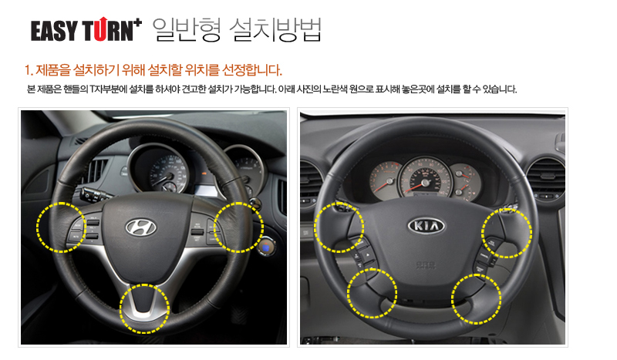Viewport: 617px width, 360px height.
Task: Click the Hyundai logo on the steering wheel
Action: point(140,227)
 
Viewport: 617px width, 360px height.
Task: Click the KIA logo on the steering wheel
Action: point(427,226)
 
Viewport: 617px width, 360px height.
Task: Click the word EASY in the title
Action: point(54,31)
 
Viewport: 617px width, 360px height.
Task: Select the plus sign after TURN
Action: point(137,22)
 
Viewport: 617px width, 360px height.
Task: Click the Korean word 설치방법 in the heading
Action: point(275,29)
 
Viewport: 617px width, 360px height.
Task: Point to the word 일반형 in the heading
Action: point(187,29)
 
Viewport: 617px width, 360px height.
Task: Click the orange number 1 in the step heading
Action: point(28,70)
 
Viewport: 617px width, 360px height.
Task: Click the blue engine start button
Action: point(266,247)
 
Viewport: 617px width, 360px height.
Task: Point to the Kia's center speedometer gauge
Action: point(425,177)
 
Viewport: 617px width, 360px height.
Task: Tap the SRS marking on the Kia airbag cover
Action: point(427,266)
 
